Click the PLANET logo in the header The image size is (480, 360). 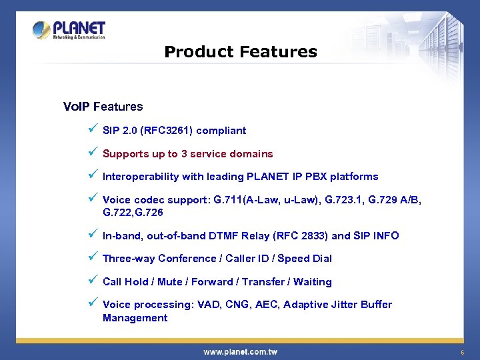[69, 30]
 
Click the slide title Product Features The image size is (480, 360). [240, 52]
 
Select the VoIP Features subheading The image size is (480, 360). [103, 107]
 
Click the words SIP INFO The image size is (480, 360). [376, 236]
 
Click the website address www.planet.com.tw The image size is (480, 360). [240, 351]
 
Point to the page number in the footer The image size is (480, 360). [461, 351]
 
